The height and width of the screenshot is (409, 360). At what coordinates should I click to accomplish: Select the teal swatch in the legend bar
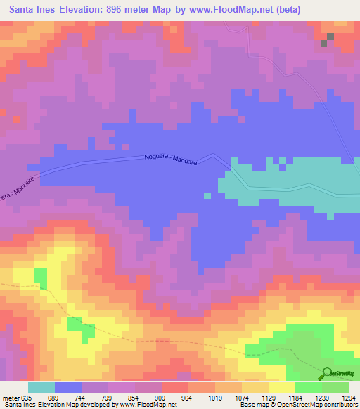41,387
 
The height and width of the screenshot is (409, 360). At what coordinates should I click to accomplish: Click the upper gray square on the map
330,35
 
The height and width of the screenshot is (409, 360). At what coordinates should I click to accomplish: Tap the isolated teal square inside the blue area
207,195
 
